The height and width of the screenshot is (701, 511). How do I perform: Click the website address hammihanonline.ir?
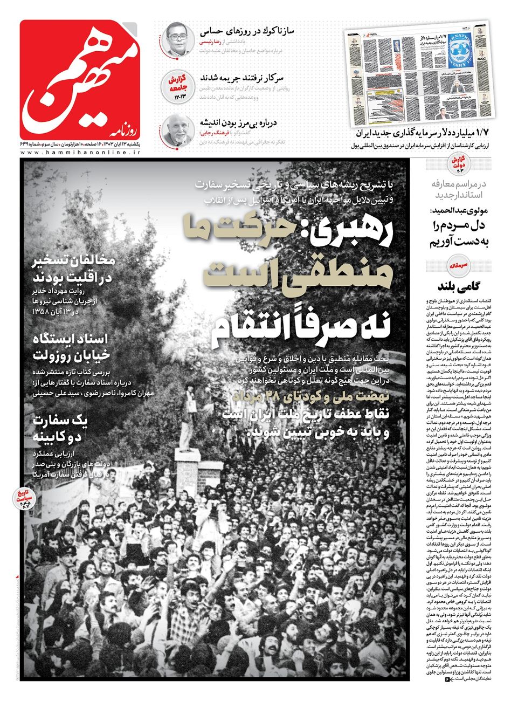[x=81, y=154]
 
